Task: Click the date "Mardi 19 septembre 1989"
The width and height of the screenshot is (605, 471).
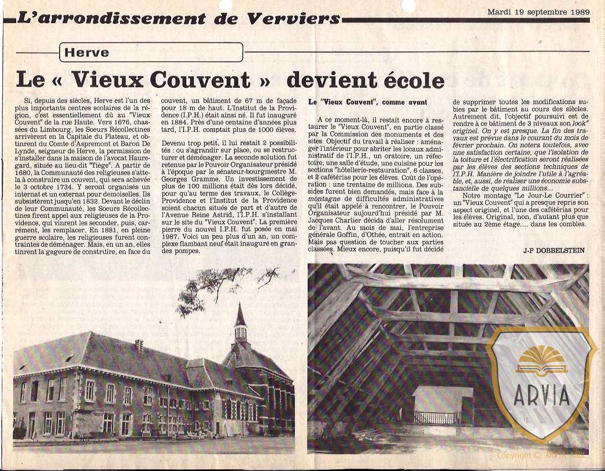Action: tap(538, 11)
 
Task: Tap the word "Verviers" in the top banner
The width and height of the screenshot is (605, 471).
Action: tap(293, 18)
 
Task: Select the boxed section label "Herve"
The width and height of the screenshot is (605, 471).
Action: tap(87, 53)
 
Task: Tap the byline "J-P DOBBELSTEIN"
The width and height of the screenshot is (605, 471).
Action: tap(554, 250)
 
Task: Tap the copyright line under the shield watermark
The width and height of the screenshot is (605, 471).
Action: tap(541, 455)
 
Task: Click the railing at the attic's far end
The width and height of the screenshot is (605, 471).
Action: tap(434, 417)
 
